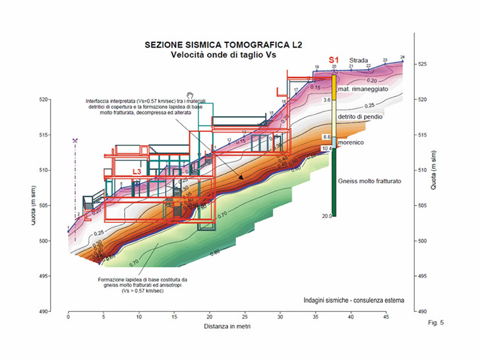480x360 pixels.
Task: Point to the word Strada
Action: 359,59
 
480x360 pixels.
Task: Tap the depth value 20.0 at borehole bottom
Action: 326,216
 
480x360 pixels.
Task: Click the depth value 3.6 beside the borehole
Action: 326,100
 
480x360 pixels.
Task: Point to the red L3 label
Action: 137,171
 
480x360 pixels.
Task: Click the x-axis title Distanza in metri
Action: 222,326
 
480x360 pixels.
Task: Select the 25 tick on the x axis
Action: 245,316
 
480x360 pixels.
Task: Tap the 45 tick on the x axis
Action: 386,316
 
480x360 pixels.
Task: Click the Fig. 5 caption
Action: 436,322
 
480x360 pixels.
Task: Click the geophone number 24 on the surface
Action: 402,57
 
